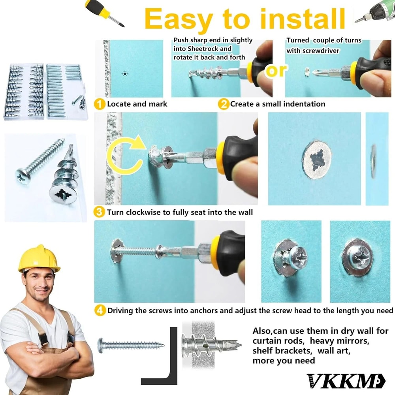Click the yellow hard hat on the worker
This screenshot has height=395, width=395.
(39, 259)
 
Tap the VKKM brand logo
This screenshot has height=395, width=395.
(340, 380)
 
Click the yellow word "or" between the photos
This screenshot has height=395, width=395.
(276, 71)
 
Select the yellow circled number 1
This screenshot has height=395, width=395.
(100, 104)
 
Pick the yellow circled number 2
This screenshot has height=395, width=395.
(224, 104)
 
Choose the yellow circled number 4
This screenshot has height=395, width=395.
(100, 310)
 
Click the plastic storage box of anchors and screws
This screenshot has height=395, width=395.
(45, 90)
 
